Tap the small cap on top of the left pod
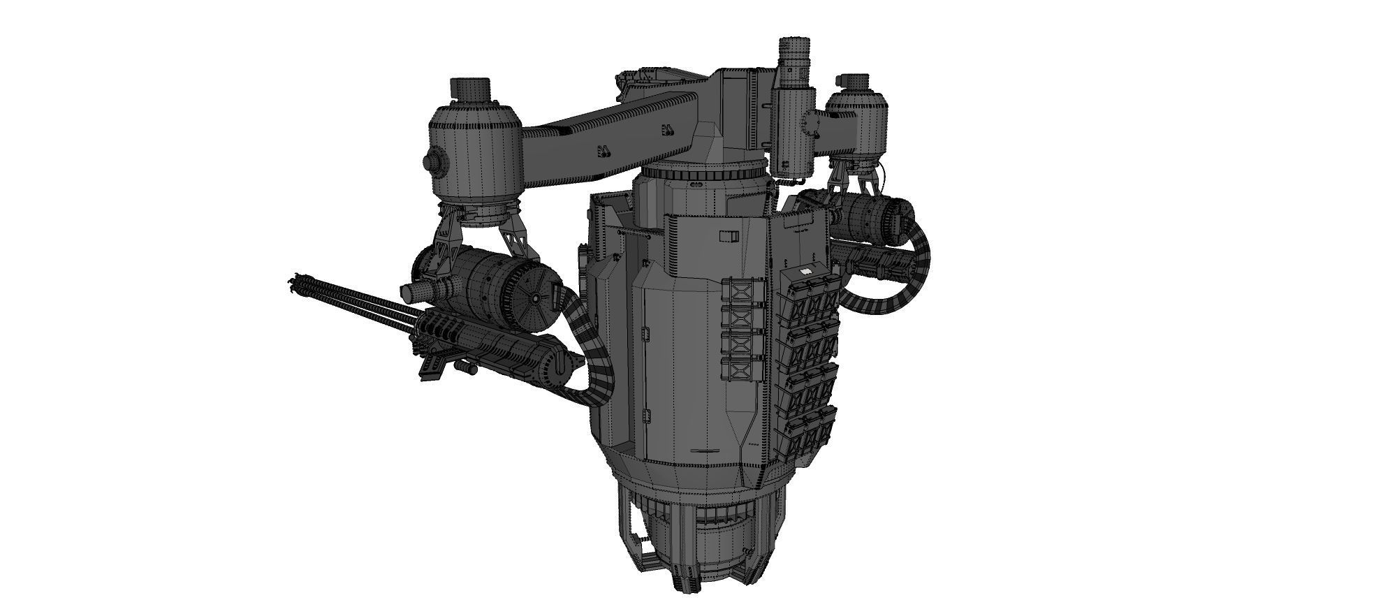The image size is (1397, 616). tap(469, 89)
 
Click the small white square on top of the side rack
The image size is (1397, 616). tap(804, 270)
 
